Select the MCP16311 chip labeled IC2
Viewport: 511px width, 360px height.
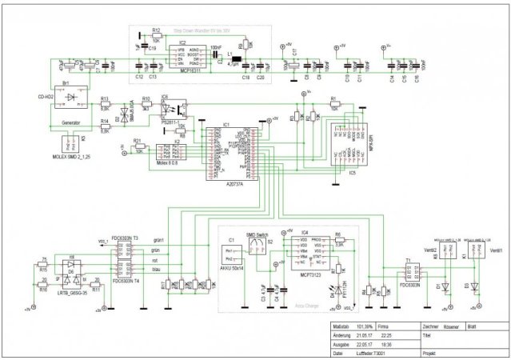point(183,57)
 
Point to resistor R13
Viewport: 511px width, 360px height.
point(104,104)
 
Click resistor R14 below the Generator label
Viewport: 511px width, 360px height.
point(104,127)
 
